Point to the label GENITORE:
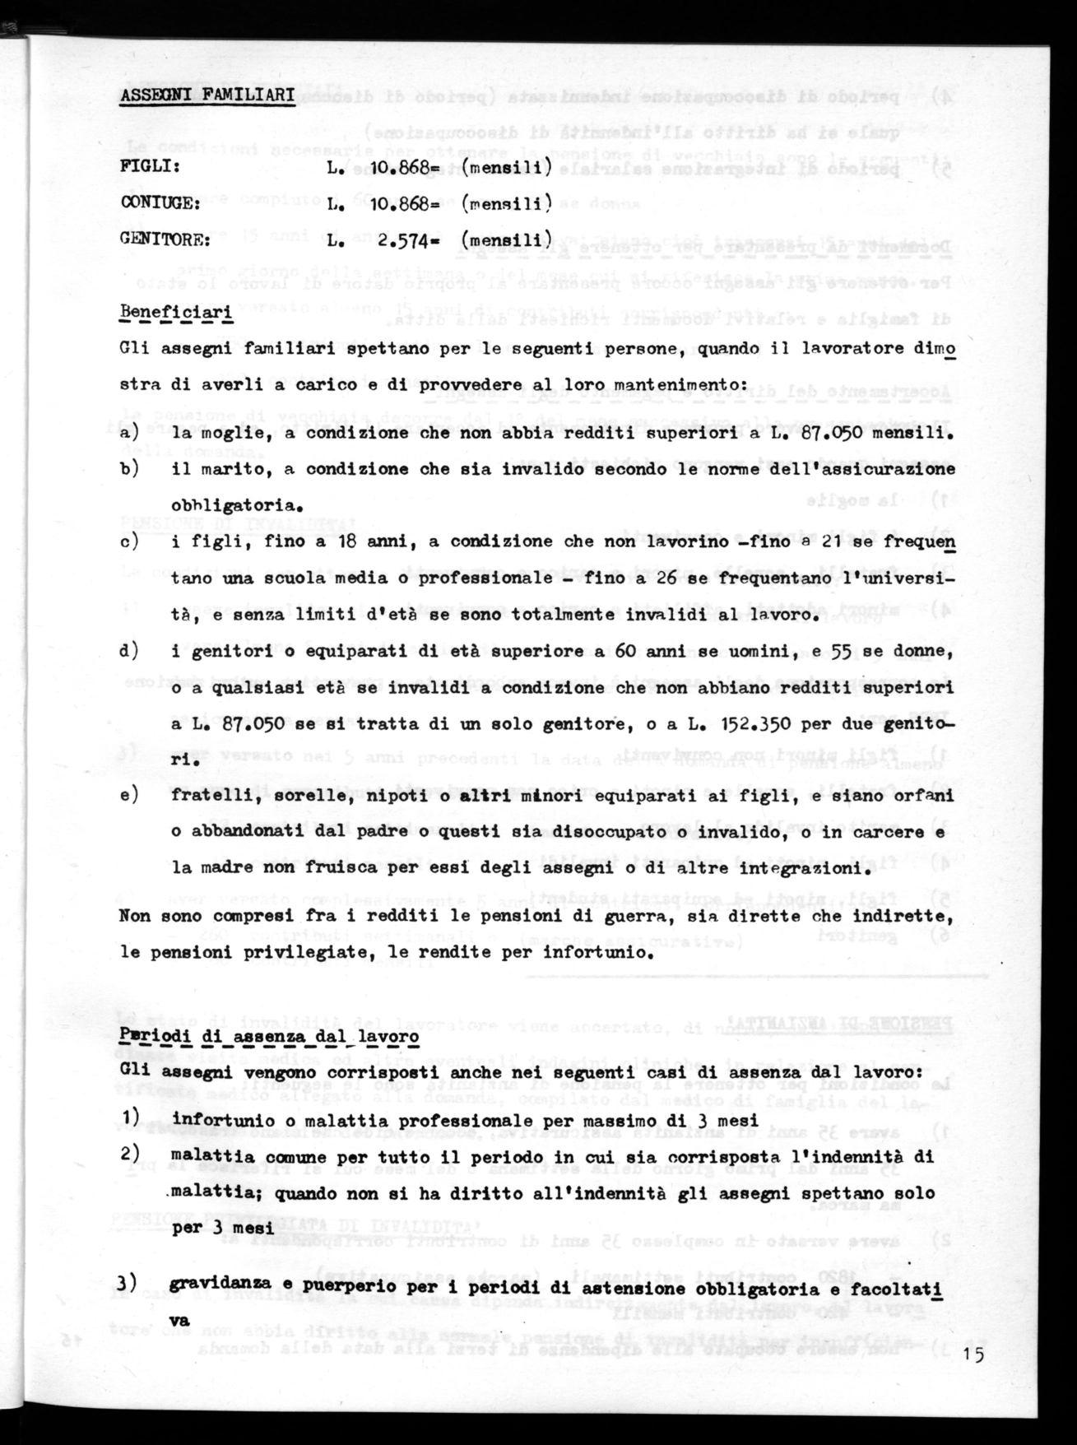pos(166,241)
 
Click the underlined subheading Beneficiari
pos(176,314)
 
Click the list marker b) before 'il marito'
pos(130,470)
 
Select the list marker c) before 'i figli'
pos(130,542)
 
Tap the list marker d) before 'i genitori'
pos(130,651)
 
